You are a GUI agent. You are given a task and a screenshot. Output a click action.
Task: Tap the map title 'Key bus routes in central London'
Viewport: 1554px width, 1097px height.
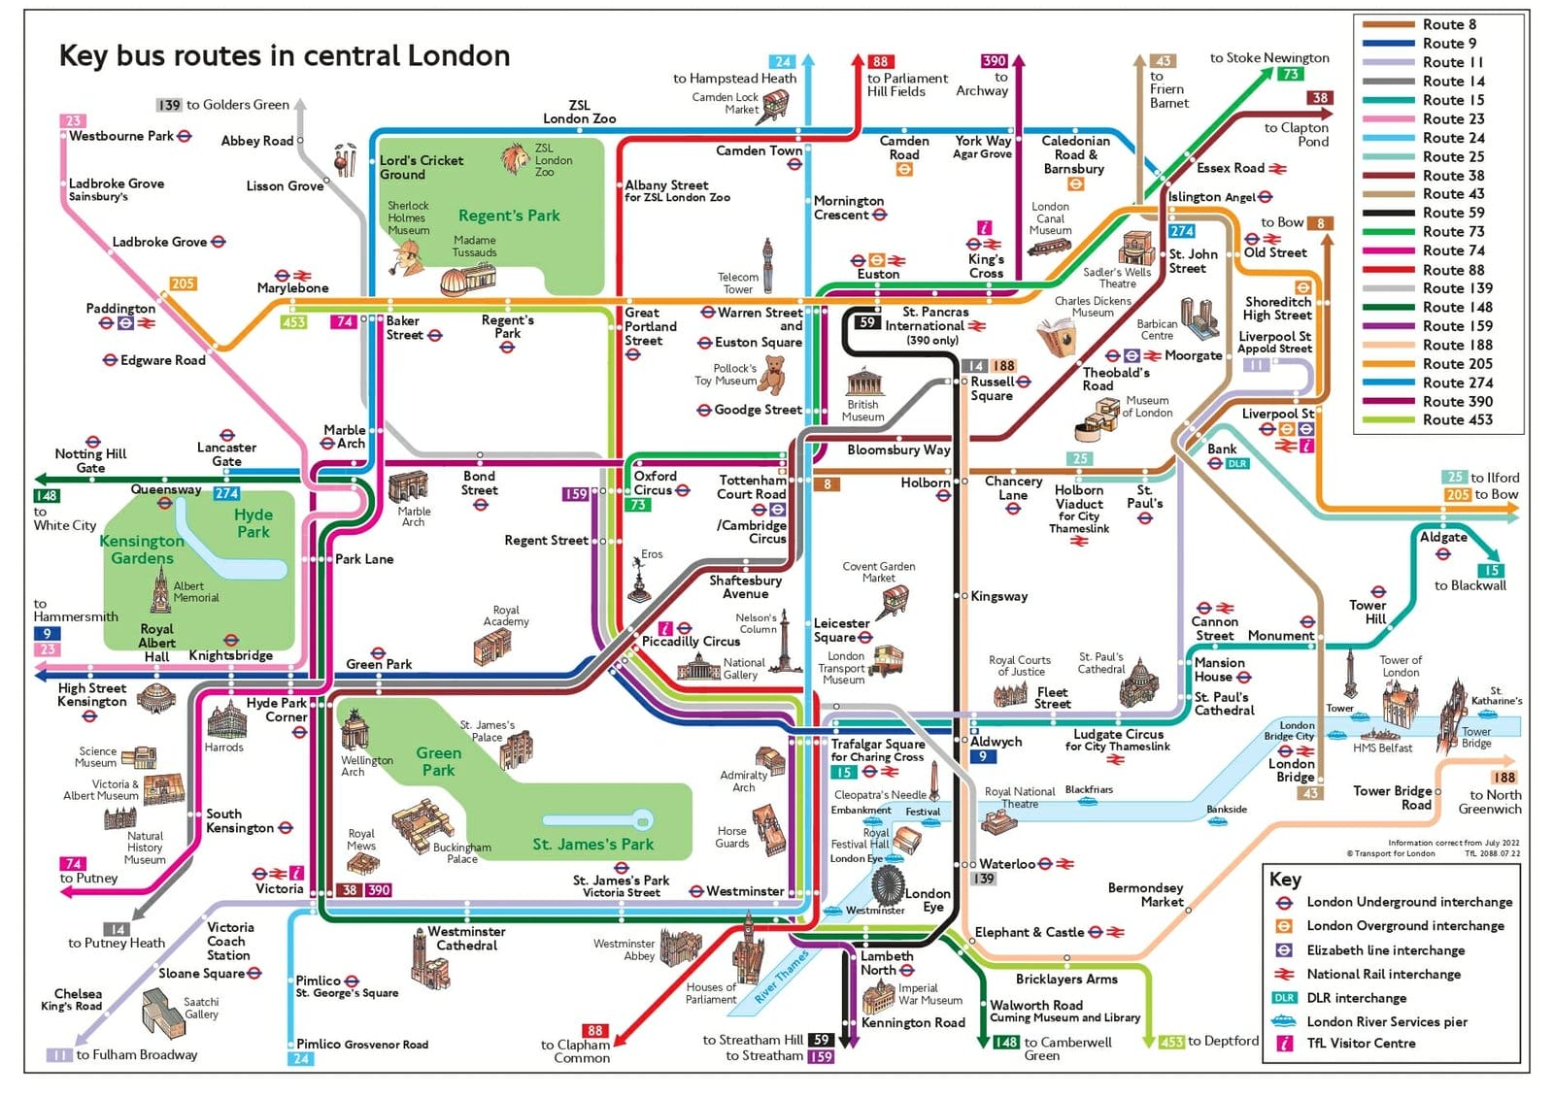coord(285,55)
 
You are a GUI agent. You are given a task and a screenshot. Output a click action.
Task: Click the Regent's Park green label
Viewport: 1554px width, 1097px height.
coord(509,216)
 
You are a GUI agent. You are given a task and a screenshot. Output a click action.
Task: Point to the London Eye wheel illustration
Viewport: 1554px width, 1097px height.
coord(886,884)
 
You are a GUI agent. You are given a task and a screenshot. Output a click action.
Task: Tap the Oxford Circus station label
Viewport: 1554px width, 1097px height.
coord(656,482)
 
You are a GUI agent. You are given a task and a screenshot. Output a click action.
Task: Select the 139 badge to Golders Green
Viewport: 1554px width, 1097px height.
coord(169,105)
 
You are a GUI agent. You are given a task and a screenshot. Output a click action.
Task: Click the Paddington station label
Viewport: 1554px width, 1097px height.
coord(120,308)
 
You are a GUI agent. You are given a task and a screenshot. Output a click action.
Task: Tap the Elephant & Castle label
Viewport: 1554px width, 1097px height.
coord(1029,932)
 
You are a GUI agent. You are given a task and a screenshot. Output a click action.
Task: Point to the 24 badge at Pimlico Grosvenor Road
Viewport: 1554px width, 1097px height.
coord(301,1059)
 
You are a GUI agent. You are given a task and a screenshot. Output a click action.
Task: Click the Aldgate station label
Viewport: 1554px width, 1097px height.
coord(1443,537)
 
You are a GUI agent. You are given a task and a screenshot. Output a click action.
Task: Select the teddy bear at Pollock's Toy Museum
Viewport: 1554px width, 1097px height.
coord(773,375)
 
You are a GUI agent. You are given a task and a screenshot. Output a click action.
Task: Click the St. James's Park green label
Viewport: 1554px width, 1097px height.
coord(592,844)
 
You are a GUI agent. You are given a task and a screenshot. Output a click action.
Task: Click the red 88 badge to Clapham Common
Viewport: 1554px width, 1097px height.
coord(594,1031)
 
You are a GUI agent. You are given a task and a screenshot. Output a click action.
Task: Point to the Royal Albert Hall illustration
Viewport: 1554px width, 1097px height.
coord(154,697)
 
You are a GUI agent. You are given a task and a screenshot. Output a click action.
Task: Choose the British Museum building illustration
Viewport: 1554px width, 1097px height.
coord(862,382)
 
